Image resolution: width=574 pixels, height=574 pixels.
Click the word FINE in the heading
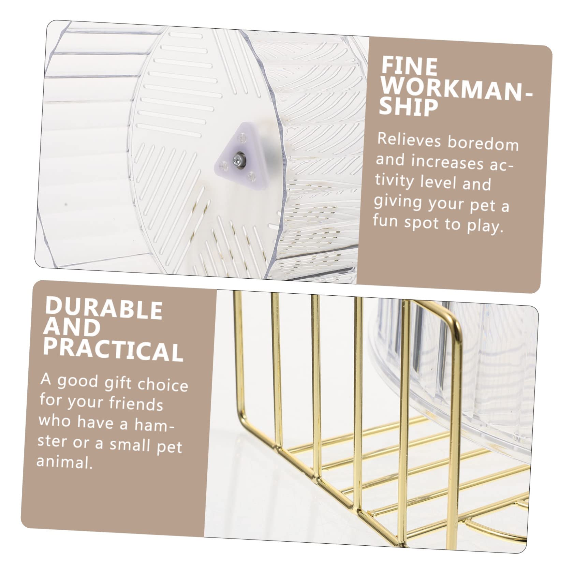point(409,67)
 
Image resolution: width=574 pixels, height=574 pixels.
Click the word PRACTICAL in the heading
point(113,348)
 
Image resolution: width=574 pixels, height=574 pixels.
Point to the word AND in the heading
point(72,327)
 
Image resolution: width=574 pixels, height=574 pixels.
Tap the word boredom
point(483,143)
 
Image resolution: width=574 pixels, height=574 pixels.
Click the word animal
point(64,461)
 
